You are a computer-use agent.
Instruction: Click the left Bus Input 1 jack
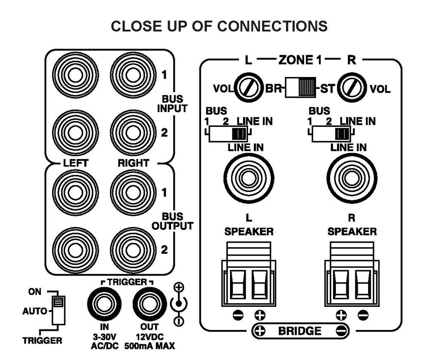(75, 76)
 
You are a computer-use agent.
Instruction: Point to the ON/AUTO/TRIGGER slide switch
(57, 310)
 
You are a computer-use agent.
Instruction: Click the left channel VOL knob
(247, 88)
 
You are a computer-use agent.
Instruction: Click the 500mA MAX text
(149, 346)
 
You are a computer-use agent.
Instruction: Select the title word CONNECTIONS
(272, 26)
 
